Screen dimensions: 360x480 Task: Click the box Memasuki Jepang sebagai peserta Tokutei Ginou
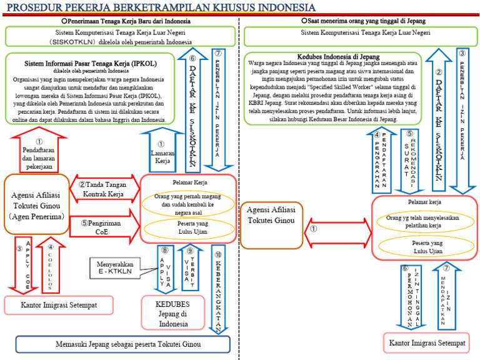pos(122,344)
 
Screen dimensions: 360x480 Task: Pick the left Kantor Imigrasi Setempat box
pos(59,306)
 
